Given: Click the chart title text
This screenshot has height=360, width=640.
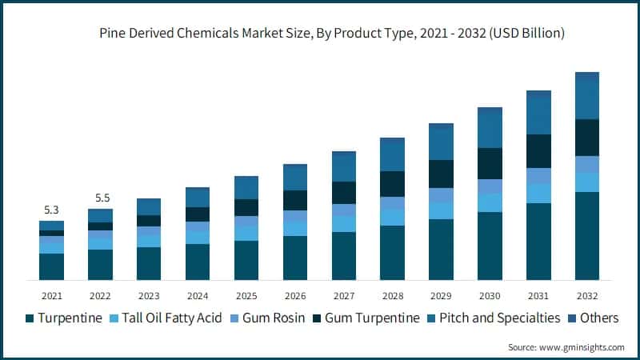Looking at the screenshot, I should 321,34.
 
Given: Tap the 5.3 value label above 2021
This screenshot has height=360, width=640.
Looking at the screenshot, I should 51,210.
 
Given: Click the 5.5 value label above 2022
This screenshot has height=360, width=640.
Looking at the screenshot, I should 100,198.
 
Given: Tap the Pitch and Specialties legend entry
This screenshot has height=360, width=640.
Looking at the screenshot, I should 506,318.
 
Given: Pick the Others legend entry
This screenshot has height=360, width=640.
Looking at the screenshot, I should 599,318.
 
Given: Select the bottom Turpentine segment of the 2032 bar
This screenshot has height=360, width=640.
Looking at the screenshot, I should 587,236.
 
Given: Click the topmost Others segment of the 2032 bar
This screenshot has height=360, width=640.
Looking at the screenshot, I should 587,77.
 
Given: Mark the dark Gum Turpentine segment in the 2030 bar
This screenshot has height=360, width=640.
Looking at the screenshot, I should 490,163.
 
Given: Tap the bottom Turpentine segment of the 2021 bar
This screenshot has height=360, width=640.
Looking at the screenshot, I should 51,266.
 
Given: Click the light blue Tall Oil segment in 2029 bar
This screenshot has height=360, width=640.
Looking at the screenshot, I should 441,210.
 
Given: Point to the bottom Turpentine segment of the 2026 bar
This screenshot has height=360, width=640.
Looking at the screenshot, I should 295,258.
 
